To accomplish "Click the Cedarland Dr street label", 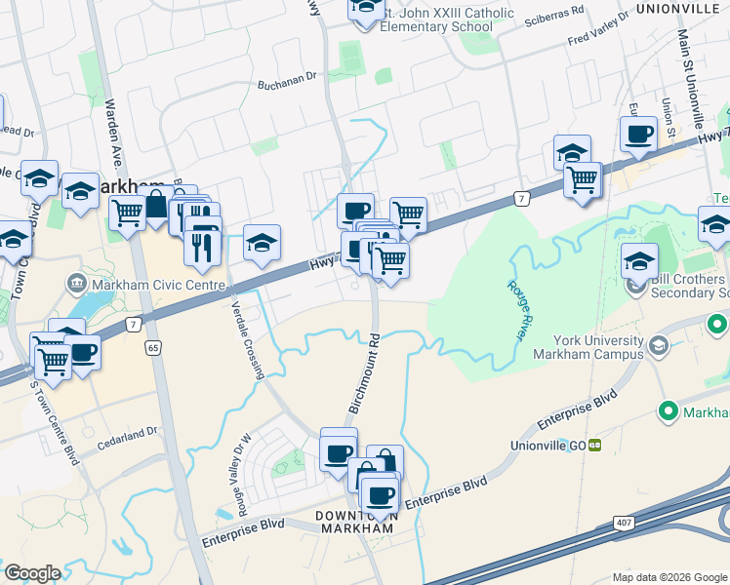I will [127, 432].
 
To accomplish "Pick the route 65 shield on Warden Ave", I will [153, 346].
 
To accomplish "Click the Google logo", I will [32, 573].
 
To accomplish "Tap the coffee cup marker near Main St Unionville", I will [638, 135].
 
